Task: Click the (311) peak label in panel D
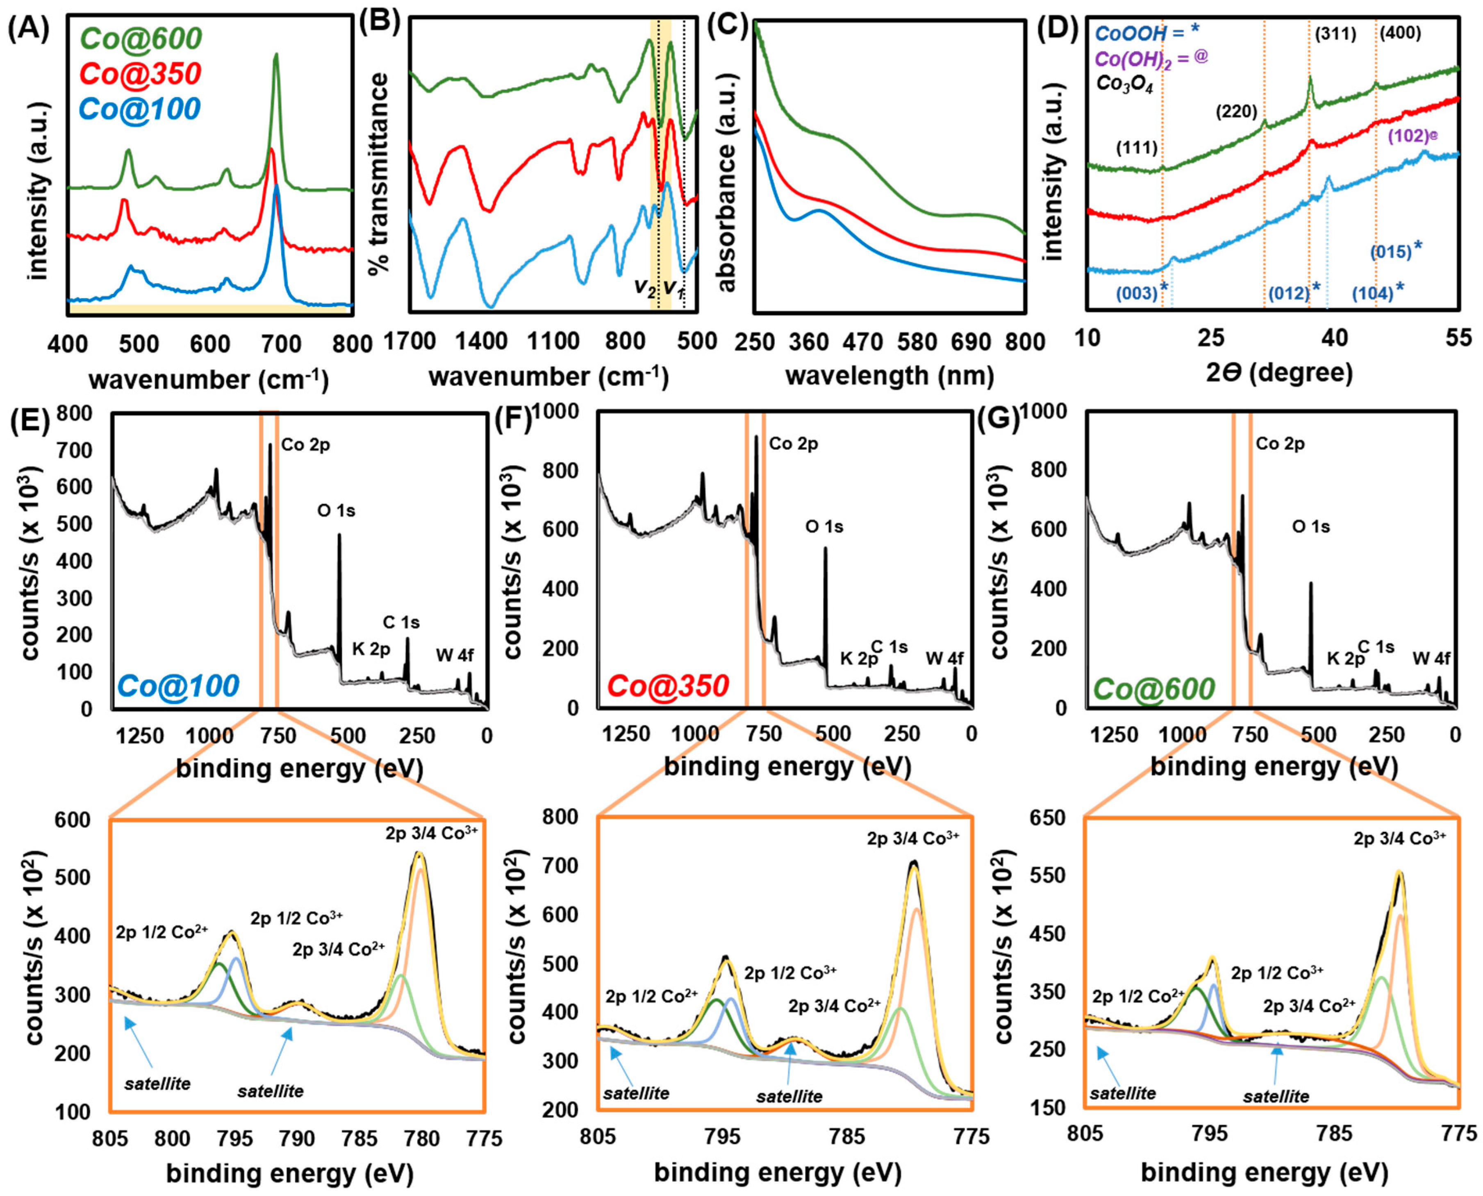1334,34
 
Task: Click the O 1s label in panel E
336,511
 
